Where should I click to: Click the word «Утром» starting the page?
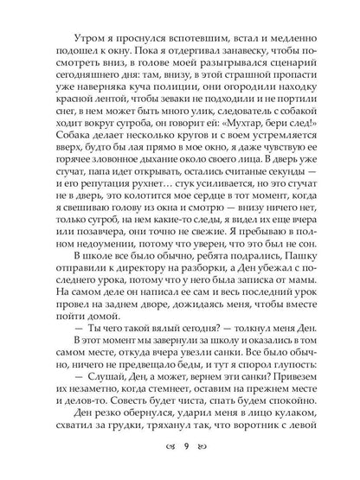(72, 41)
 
